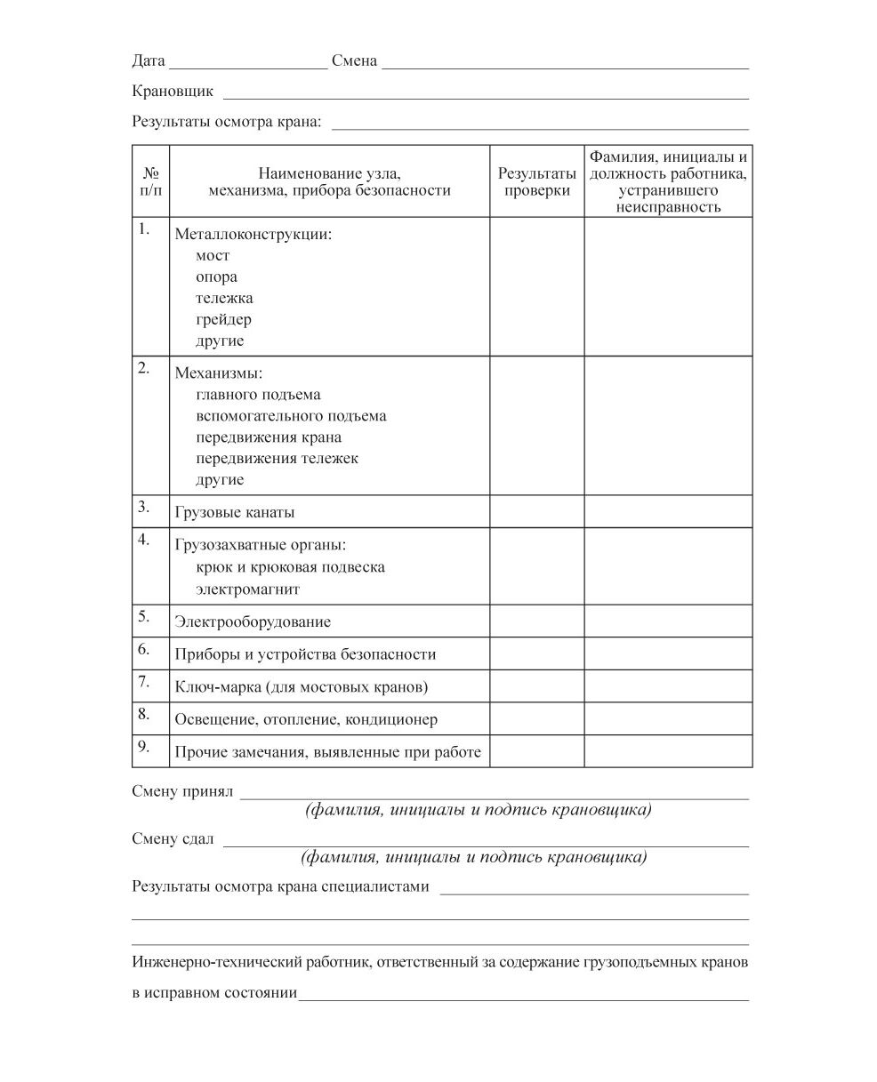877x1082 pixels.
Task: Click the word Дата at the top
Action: tap(149, 61)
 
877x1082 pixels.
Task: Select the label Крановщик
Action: tap(173, 92)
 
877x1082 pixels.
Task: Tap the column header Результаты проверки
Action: tap(536, 181)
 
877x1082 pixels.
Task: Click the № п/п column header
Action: tap(151, 181)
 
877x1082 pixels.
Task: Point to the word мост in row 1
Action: tap(213, 256)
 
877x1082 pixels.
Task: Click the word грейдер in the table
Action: tap(223, 320)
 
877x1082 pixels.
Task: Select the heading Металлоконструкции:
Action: tap(253, 235)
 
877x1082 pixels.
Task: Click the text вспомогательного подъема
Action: tap(291, 416)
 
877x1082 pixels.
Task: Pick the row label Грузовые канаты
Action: tap(235, 513)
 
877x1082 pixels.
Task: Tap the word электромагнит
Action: tap(248, 589)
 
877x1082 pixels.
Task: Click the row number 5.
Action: tap(144, 616)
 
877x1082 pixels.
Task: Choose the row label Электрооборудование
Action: tap(253, 622)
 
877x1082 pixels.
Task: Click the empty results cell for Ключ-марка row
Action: tap(536, 686)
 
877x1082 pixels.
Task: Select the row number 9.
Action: tap(144, 746)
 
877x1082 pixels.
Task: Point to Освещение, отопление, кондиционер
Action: tap(306, 719)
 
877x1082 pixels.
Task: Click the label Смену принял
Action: tap(182, 791)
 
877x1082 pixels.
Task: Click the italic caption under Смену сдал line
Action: tap(473, 858)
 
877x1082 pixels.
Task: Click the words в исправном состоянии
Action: tap(214, 993)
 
